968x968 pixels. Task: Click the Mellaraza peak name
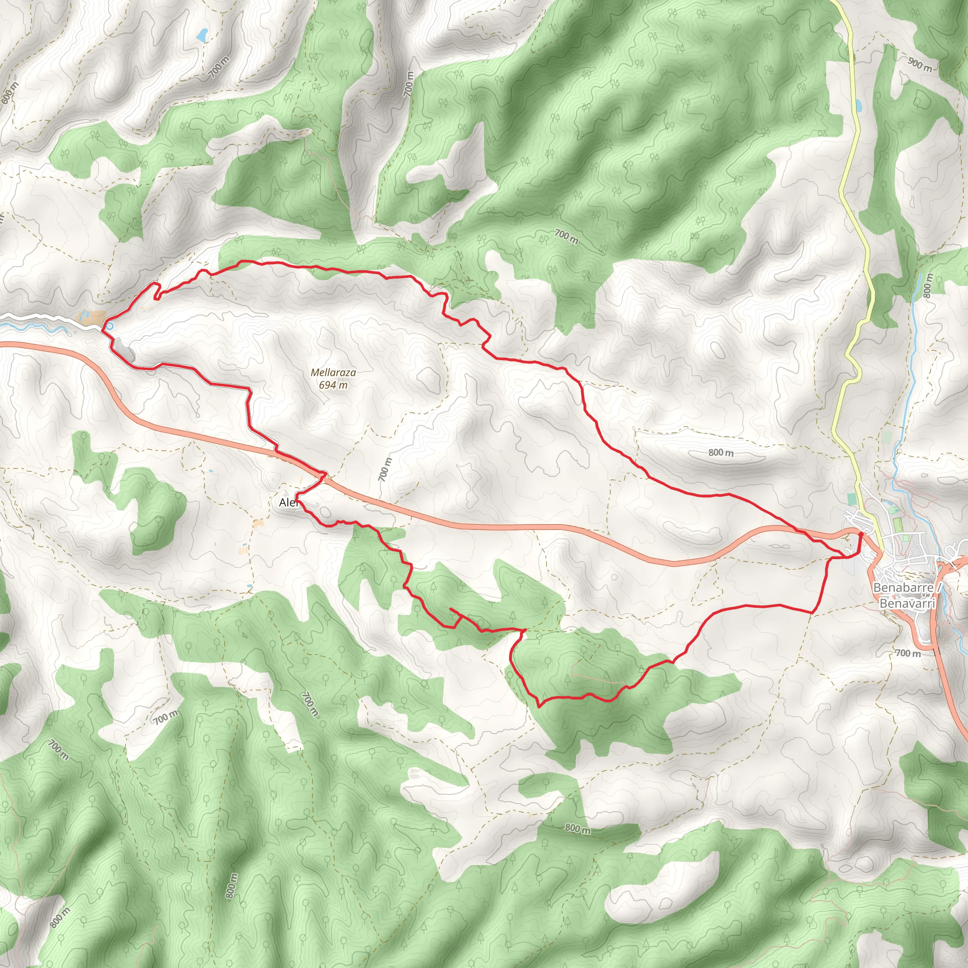tap(333, 372)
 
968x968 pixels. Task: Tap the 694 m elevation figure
tap(333, 385)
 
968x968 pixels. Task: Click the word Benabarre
tap(903, 587)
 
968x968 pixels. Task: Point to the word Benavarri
tap(907, 603)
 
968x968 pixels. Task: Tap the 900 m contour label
tap(919, 64)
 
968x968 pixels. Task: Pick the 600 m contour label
tap(9, 92)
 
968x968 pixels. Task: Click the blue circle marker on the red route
tap(109, 326)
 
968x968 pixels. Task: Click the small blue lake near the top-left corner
tap(202, 35)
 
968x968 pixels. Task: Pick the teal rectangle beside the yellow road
tap(851, 499)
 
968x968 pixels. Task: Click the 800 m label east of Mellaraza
tap(720, 452)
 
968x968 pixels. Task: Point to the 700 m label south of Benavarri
tap(908, 653)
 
